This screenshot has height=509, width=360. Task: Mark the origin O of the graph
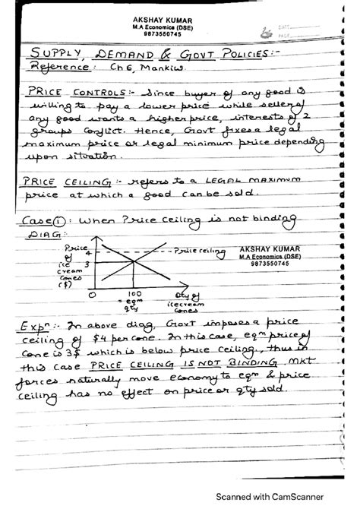point(91,293)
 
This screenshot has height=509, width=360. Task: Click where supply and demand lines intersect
point(135,263)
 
